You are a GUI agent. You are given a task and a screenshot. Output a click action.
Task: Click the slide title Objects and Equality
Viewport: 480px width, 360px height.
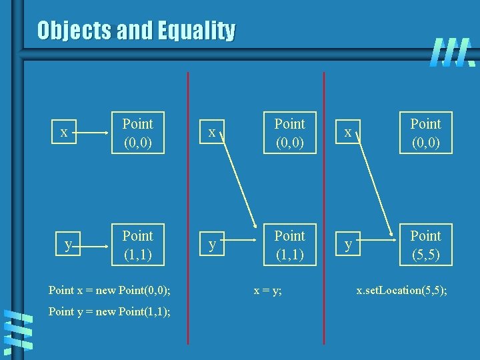pyautogui.click(x=136, y=31)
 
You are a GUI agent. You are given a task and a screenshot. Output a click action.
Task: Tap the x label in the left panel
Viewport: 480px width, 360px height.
pyautogui.click(x=64, y=132)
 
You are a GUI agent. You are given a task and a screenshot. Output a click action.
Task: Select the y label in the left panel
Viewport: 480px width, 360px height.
pyautogui.click(x=68, y=245)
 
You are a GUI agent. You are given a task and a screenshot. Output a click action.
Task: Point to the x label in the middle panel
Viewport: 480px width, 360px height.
pyautogui.click(x=211, y=132)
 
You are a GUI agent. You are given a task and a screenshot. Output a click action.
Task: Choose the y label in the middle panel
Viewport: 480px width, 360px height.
pyautogui.click(x=212, y=245)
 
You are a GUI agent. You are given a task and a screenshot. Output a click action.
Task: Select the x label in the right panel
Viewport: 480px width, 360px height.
pyautogui.click(x=347, y=132)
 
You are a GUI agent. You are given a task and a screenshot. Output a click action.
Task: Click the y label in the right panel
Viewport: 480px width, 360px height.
pyautogui.click(x=348, y=245)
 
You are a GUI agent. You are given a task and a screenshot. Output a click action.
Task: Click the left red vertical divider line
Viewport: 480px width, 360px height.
pyautogui.click(x=188, y=200)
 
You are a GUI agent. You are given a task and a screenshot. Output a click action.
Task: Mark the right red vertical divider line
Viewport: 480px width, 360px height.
pyautogui.click(x=324, y=200)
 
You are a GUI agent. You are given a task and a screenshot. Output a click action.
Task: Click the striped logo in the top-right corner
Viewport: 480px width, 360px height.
pyautogui.click(x=452, y=53)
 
